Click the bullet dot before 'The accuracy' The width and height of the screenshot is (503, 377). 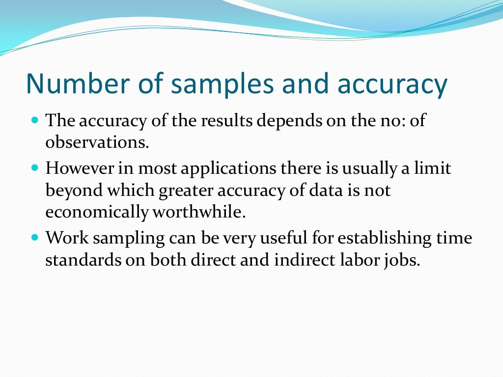tap(34, 119)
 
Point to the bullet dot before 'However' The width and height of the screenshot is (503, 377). tap(34, 167)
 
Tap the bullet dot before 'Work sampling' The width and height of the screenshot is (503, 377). tap(34, 237)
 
